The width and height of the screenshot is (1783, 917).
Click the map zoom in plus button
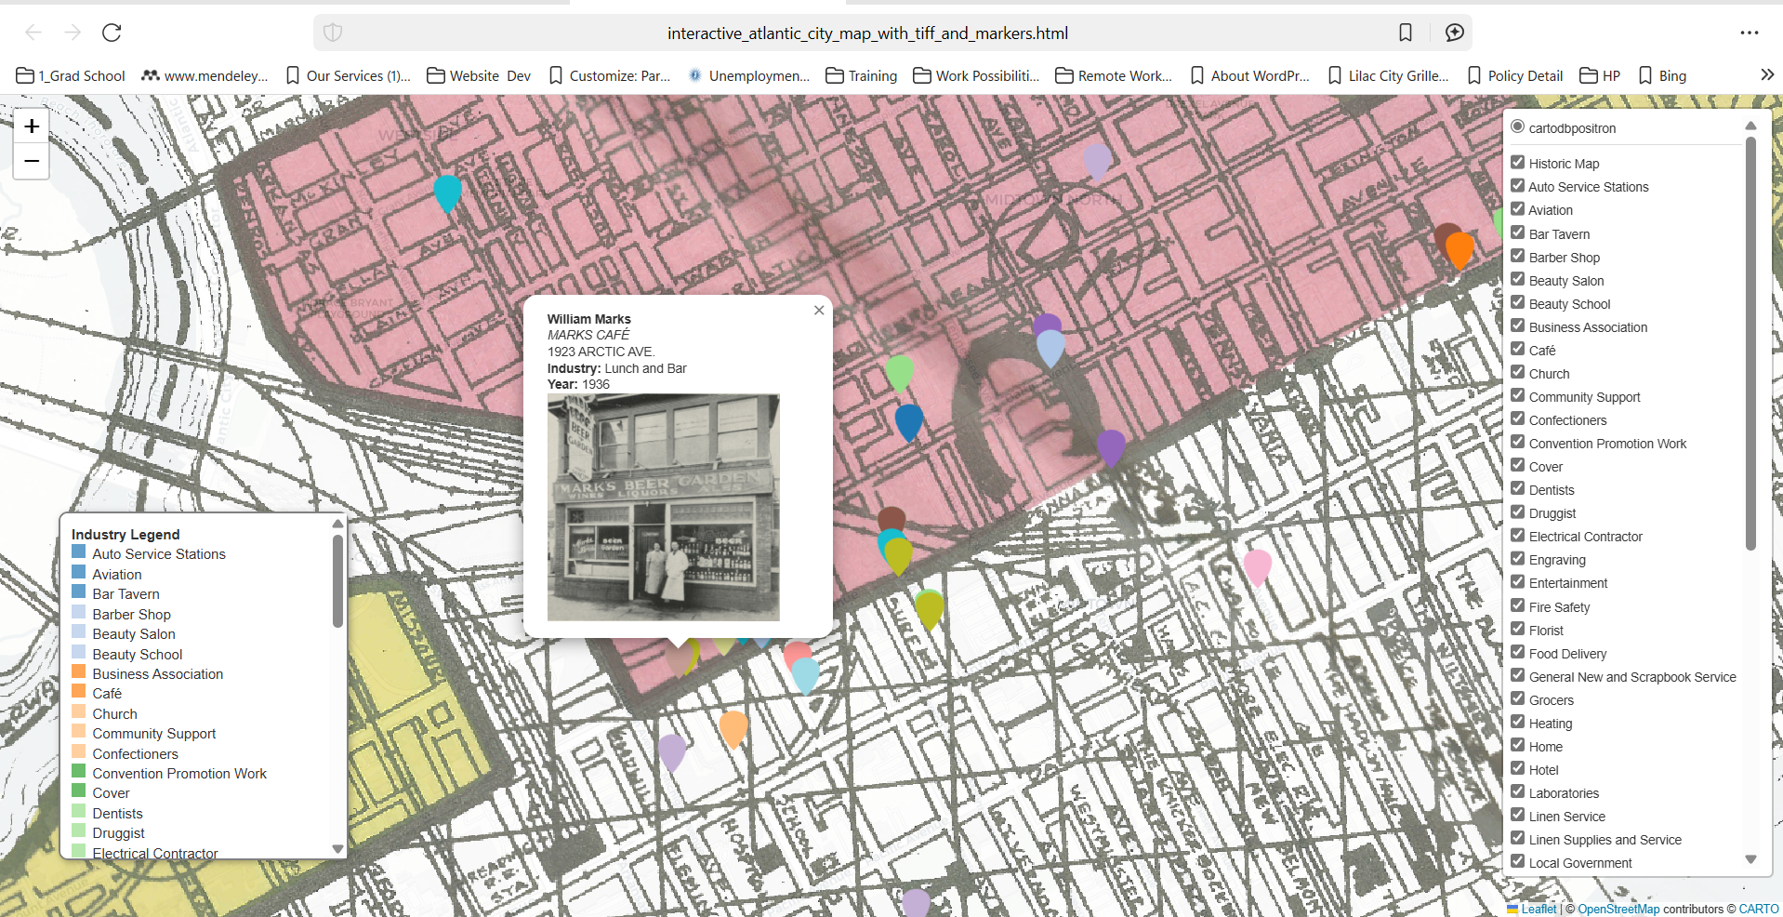tap(32, 126)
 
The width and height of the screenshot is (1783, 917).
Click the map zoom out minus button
tap(32, 161)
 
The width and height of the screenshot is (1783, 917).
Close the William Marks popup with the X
tap(819, 311)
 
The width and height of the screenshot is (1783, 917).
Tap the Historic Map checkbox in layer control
tap(1518, 163)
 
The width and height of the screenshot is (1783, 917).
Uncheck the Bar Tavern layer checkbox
tap(1518, 233)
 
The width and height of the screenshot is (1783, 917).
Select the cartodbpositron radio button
tap(1518, 127)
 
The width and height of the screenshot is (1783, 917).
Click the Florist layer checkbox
tap(1518, 630)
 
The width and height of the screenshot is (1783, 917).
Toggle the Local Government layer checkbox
tap(1518, 862)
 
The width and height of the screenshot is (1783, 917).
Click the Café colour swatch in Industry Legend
tap(79, 693)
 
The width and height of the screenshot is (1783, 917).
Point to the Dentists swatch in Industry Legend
tap(79, 813)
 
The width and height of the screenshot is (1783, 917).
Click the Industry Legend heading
tap(125, 535)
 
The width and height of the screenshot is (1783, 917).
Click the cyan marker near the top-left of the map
tap(448, 192)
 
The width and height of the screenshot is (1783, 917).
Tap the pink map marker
tap(1257, 565)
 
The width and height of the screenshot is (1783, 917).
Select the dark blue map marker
tap(908, 420)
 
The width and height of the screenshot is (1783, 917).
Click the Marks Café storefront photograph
tap(663, 507)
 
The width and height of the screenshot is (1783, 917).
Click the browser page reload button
tap(112, 33)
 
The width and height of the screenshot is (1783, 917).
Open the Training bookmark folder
tap(862, 76)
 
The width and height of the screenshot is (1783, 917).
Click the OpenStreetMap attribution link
tap(1618, 909)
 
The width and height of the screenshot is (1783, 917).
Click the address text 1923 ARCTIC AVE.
tap(601, 352)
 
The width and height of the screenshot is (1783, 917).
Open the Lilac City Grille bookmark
tap(1388, 76)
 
